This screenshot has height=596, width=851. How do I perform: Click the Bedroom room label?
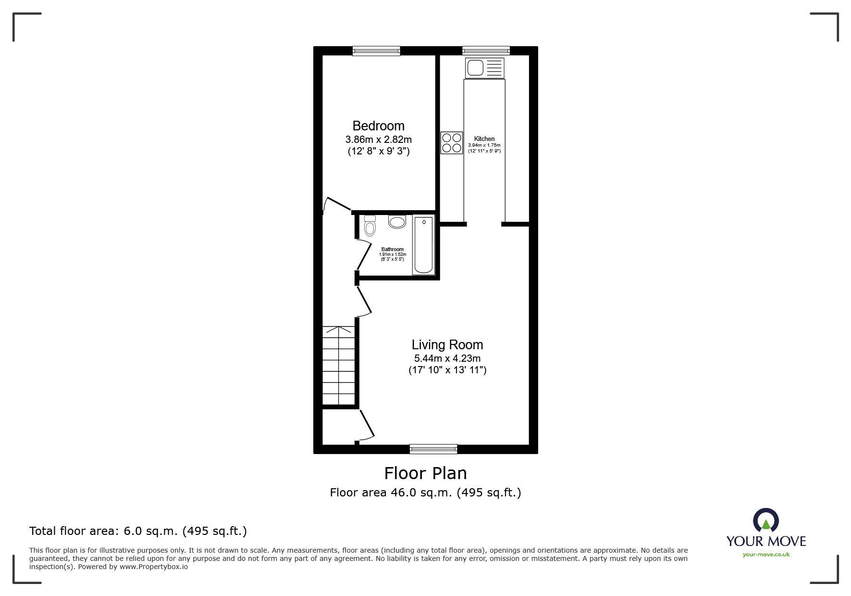(378, 126)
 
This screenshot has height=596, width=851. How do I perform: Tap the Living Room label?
(447, 345)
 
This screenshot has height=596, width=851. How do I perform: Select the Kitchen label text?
(484, 139)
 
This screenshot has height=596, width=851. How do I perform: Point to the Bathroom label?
(392, 249)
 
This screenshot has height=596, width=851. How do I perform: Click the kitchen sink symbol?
(484, 68)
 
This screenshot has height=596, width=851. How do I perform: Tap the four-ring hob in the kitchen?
(452, 143)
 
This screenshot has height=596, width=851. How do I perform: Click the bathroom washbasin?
(397, 222)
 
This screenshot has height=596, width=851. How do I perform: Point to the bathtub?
(423, 245)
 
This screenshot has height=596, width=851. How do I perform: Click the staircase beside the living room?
(338, 366)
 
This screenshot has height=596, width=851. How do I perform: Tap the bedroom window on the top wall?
(376, 51)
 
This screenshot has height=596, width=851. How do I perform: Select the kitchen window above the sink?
(486, 51)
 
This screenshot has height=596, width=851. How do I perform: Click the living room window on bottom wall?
(433, 449)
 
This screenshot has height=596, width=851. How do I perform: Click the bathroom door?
(364, 254)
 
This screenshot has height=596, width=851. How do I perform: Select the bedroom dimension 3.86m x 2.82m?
(378, 139)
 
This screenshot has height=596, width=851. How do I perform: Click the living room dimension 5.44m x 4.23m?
(447, 358)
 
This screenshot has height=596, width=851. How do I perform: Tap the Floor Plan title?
(425, 473)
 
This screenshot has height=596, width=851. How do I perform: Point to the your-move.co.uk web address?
(766, 555)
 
